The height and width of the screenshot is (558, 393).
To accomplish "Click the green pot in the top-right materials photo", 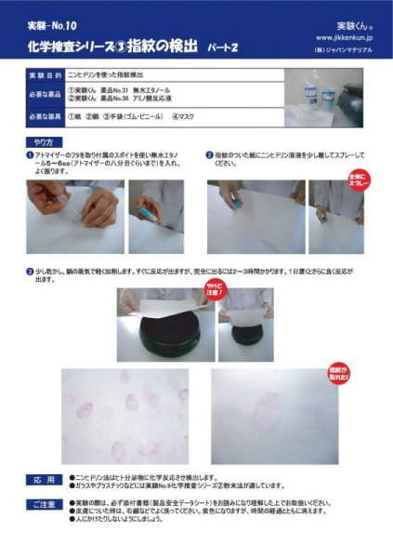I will [357, 96].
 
